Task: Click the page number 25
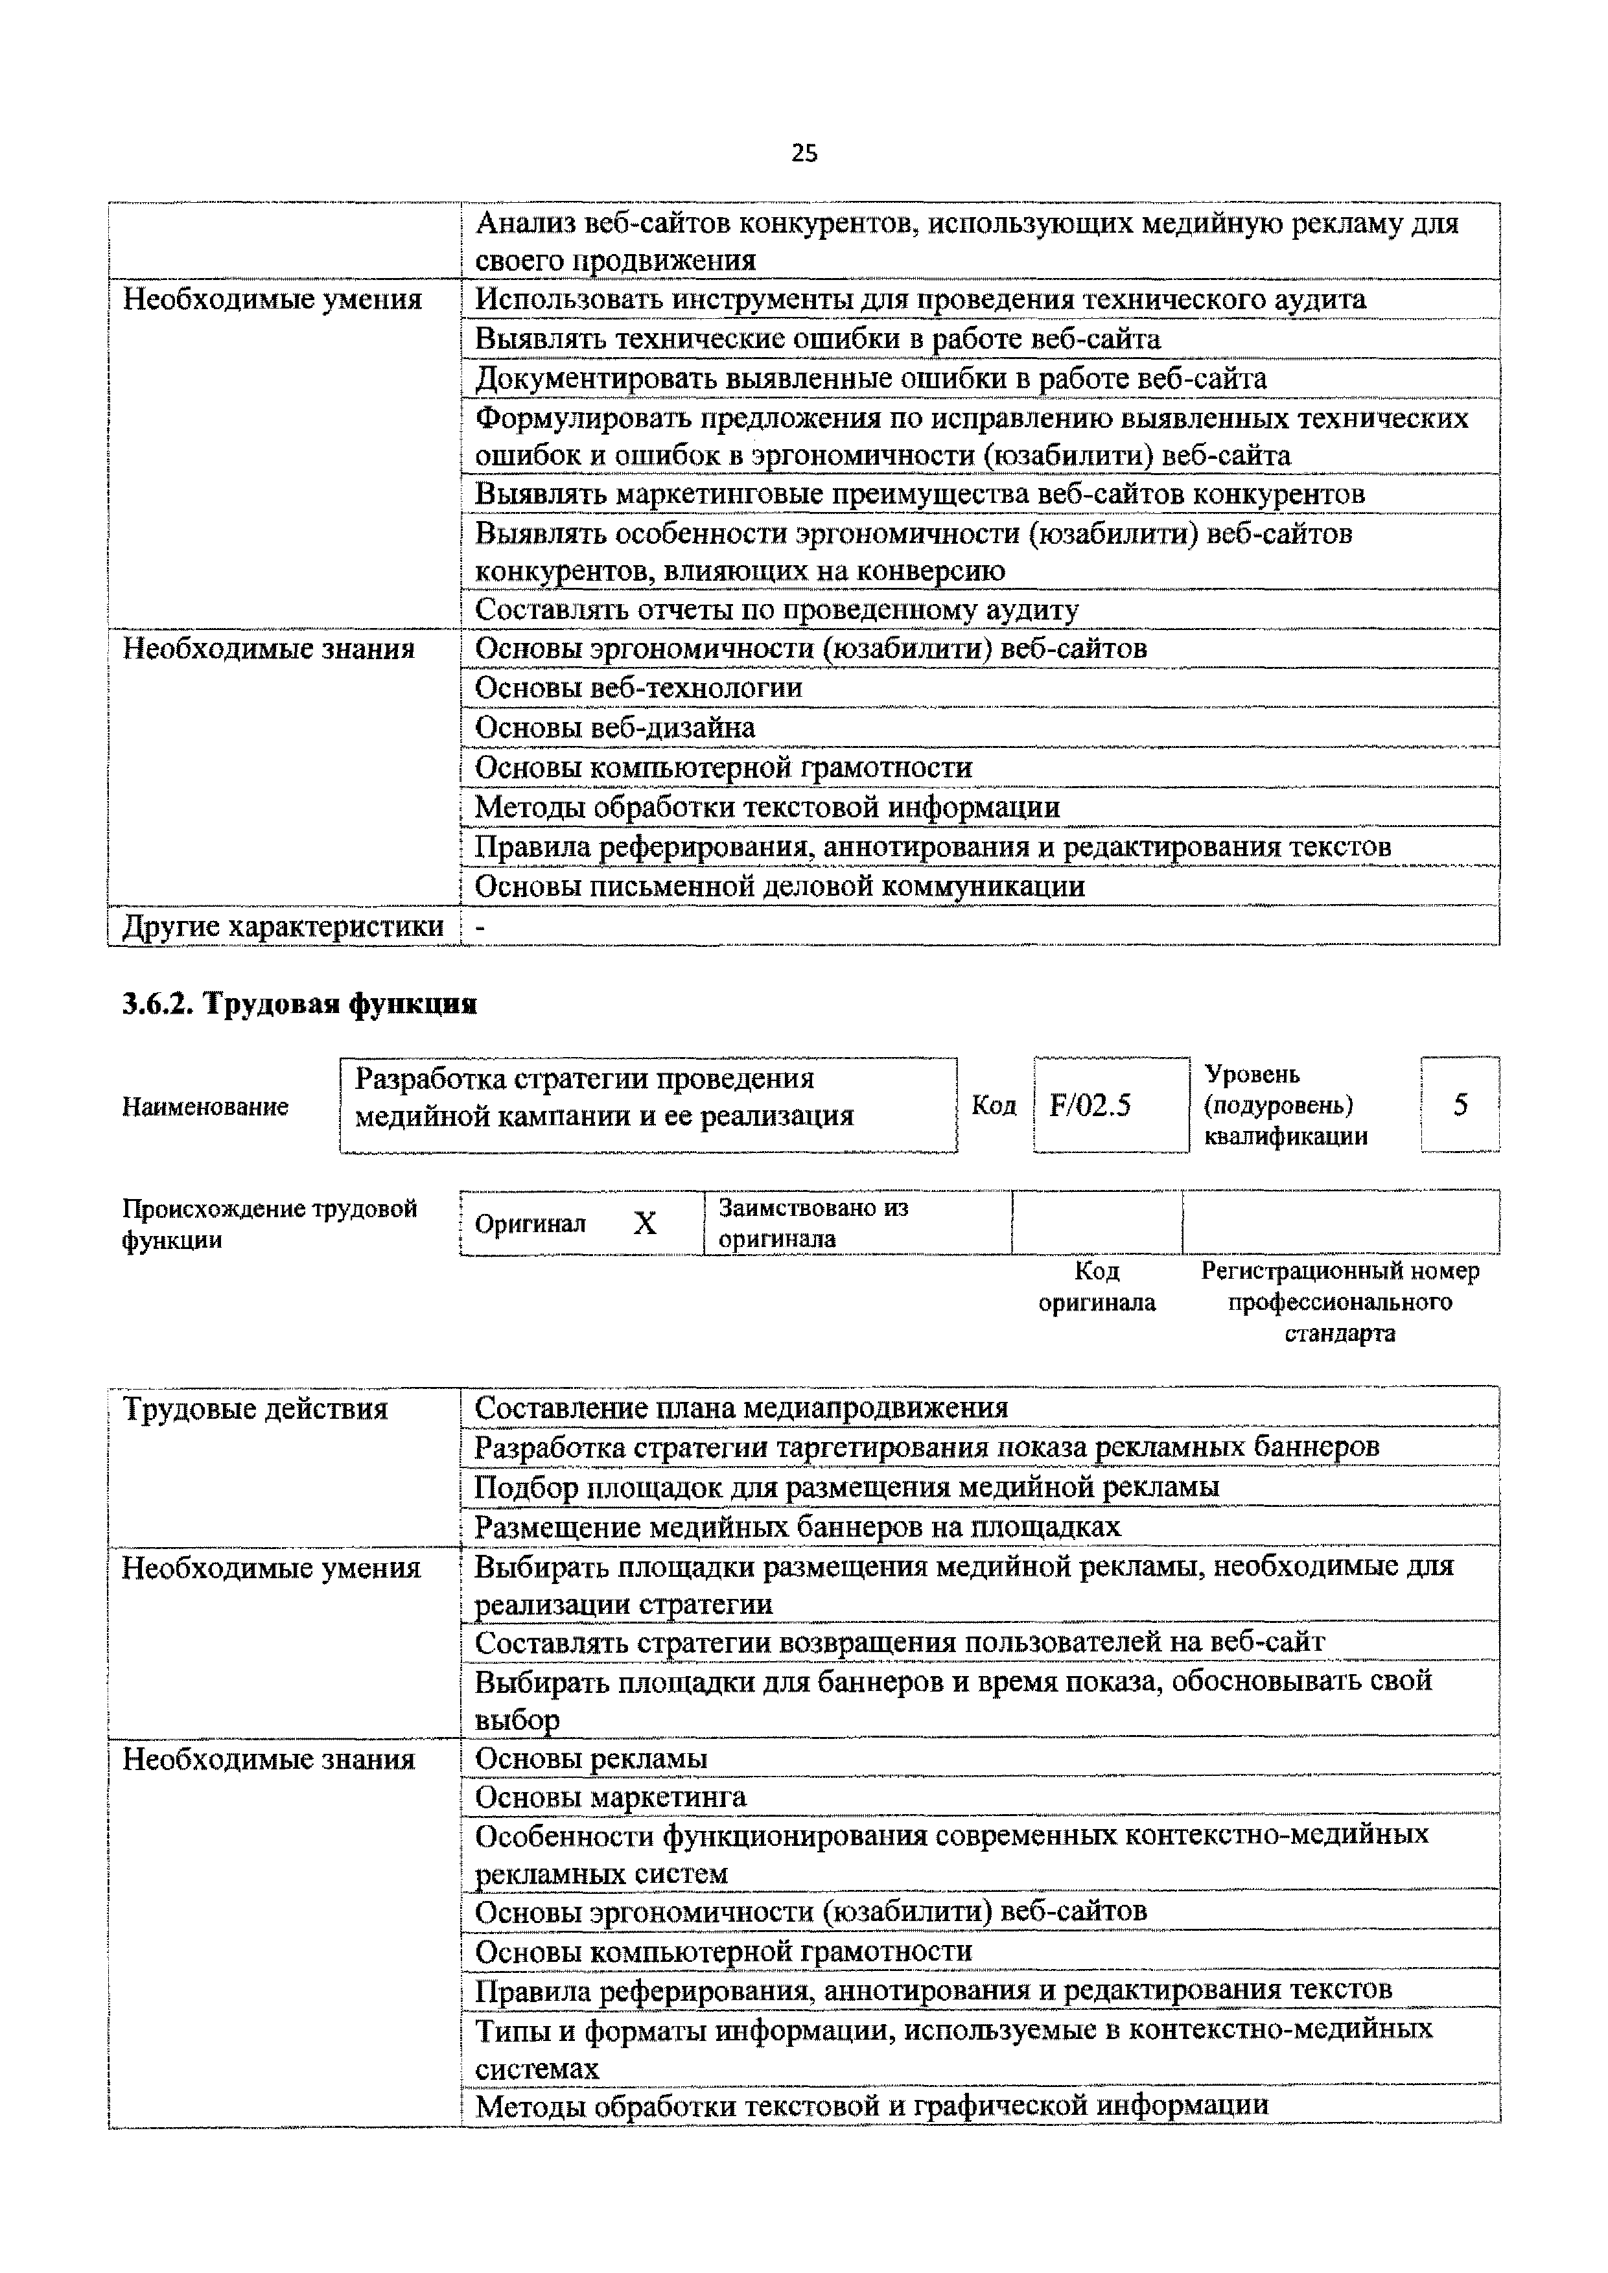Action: pos(804,152)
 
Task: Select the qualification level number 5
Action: pos(1460,1105)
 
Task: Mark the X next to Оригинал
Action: pos(645,1224)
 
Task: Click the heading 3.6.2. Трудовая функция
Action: pos(299,1004)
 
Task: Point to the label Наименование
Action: pos(205,1107)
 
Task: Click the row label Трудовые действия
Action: pos(255,1409)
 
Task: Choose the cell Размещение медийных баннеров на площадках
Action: pos(797,1526)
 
